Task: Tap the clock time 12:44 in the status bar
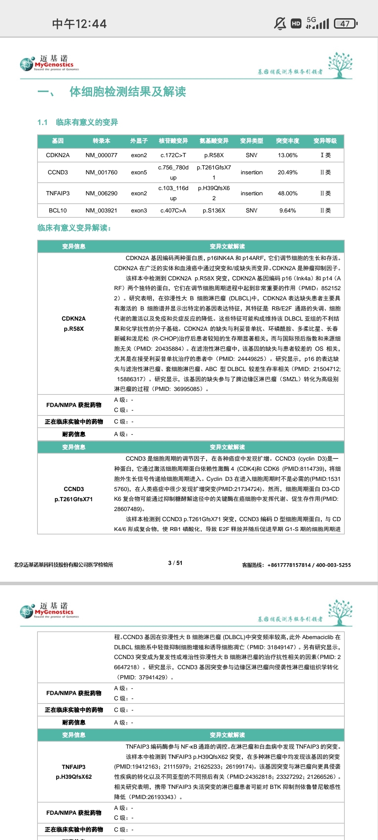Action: [79, 24]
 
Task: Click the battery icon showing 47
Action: [345, 23]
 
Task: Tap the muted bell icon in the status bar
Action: [280, 23]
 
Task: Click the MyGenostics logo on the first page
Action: [49, 63]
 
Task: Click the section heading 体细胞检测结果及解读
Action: [127, 92]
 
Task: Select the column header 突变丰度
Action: [287, 141]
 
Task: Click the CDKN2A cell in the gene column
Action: [58, 155]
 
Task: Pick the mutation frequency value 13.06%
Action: [287, 155]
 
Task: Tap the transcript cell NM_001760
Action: [101, 172]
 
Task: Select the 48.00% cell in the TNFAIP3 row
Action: [287, 193]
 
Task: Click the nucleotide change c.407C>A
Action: [173, 210]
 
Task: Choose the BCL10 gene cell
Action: [58, 210]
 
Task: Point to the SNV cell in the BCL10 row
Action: [251, 210]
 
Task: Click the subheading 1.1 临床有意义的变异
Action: [78, 122]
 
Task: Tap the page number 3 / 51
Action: [175, 563]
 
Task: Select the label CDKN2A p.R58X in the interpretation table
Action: [73, 323]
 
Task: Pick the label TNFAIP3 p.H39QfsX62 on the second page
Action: [73, 772]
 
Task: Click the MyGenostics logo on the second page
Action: [49, 611]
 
